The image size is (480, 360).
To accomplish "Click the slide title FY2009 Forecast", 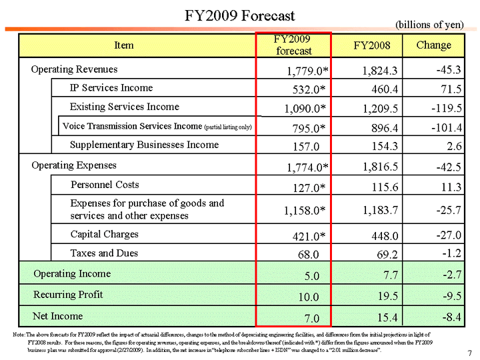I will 239,15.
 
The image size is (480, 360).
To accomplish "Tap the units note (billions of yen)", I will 429,24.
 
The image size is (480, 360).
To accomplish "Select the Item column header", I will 124,45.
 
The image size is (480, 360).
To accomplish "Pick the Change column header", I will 433,45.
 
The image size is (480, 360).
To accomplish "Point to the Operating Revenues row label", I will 74,69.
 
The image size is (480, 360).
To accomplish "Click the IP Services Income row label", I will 111,88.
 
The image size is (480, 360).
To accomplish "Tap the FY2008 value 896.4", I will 382,127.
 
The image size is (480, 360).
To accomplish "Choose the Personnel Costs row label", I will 105,184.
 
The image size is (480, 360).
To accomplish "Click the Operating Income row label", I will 72,274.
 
